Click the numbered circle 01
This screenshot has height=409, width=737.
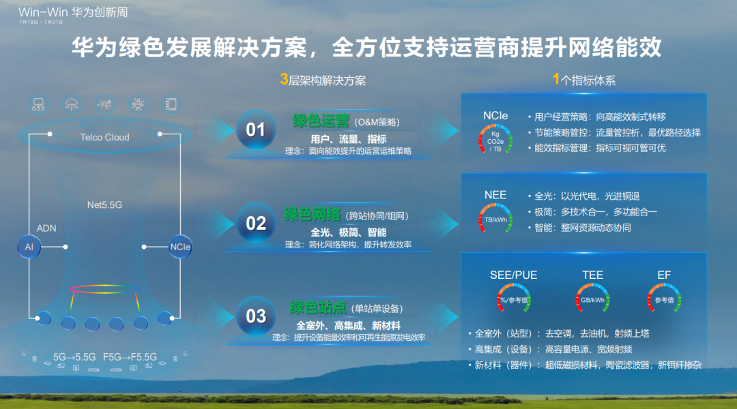click(x=255, y=130)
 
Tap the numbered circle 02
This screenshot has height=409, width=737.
click(x=255, y=223)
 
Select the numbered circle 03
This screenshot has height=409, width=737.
click(x=255, y=316)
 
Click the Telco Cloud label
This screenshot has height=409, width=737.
click(x=104, y=137)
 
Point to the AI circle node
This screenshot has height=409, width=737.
click(x=29, y=247)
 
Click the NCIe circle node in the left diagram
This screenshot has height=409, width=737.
click(x=180, y=247)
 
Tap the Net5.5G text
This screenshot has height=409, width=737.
click(x=104, y=204)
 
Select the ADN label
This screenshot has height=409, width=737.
click(x=46, y=228)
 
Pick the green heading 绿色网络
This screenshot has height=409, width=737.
click(x=312, y=215)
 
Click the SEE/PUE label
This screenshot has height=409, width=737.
click(x=513, y=275)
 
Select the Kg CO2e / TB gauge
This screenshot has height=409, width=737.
click(x=495, y=138)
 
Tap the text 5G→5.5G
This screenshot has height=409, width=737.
click(x=74, y=357)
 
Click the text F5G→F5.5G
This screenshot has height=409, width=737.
click(x=130, y=357)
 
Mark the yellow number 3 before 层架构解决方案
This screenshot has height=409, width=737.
click(x=284, y=80)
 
